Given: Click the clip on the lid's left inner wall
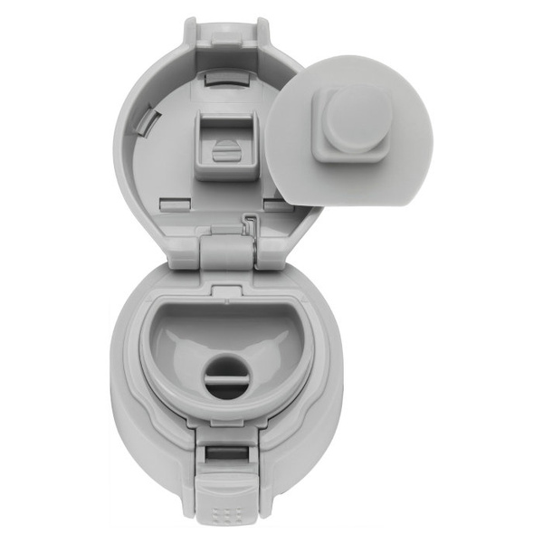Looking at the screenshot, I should (x=148, y=128).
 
